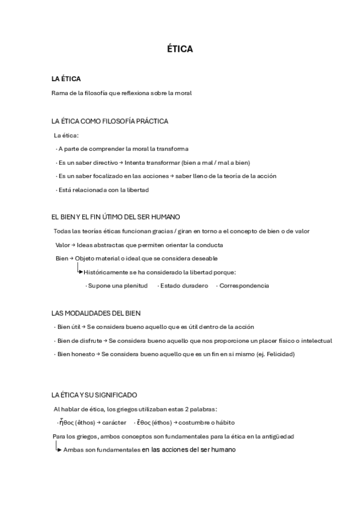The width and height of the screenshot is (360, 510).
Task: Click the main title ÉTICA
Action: (x=180, y=49)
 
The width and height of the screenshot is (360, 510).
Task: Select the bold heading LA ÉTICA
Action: (x=66, y=79)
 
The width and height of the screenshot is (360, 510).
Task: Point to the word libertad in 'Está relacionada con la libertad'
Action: (x=138, y=190)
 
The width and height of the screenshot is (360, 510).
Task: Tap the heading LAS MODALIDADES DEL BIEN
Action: (x=97, y=313)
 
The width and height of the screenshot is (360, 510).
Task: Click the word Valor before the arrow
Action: (x=63, y=245)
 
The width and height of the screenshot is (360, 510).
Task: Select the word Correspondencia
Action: (x=244, y=286)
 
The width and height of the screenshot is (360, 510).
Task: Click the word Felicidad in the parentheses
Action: (x=278, y=354)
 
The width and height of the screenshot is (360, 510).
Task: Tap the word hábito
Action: (x=223, y=423)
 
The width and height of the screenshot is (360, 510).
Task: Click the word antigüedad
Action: (x=276, y=436)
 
